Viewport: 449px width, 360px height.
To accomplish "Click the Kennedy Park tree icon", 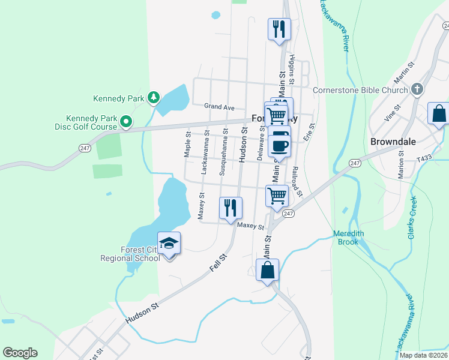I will point(154,97).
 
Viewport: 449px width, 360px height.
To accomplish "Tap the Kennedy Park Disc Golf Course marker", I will point(126,122).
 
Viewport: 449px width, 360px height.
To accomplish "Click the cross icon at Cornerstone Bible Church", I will point(418,90).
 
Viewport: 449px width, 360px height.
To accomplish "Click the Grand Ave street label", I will point(218,107).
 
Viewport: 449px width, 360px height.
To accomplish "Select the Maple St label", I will point(187,145).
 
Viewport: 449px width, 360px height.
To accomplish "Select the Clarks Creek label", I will point(412,219).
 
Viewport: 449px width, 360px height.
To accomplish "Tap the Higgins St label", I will point(292,68).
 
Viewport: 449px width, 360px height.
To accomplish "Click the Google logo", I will point(20,353).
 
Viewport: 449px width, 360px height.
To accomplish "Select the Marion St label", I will point(400,161).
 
